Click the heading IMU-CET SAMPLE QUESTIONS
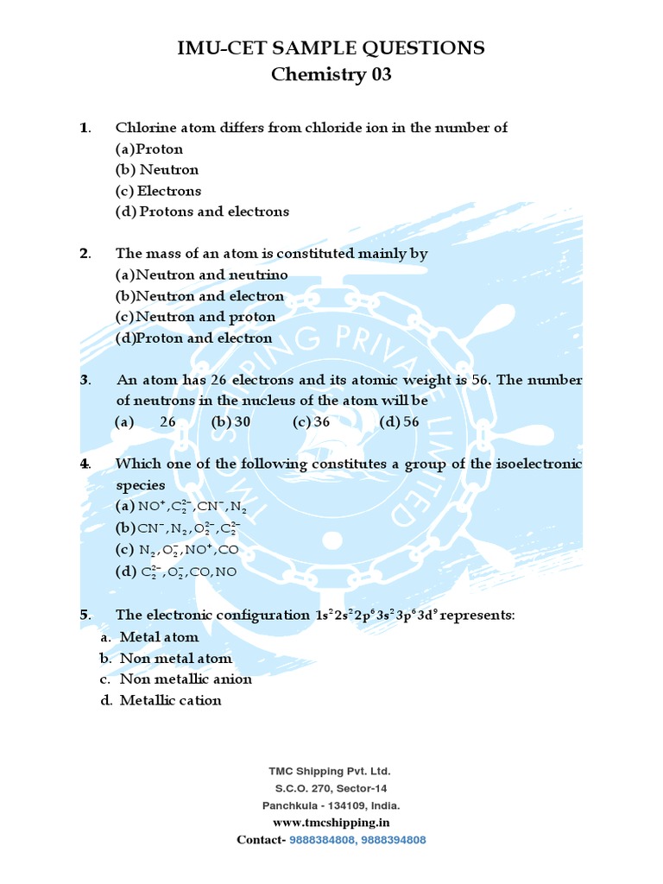point(331,47)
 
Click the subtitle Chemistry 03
point(331,75)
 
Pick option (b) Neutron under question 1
point(157,170)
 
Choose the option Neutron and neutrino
point(202,275)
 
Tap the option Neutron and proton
point(196,317)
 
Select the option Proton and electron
point(194,338)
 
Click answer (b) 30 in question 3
point(230,422)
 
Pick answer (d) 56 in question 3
point(400,422)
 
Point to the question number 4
point(85,464)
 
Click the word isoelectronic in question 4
point(539,464)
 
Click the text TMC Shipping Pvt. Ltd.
point(331,771)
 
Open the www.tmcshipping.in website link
point(331,823)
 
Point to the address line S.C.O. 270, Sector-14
point(331,788)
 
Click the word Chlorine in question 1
point(143,128)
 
